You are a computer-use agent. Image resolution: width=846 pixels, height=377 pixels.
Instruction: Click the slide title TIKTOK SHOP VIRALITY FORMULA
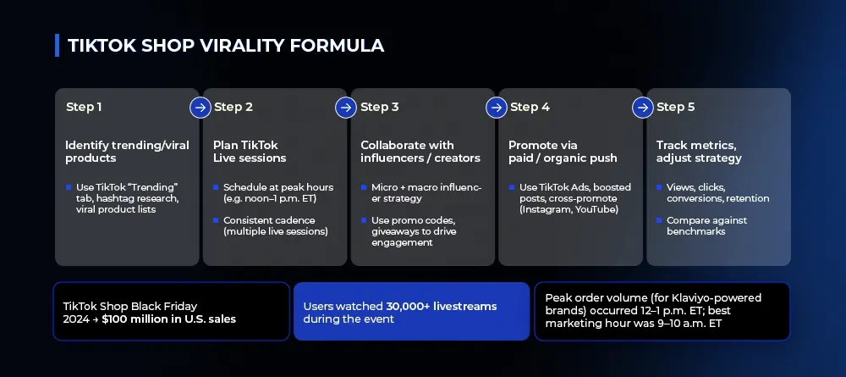coord(226,46)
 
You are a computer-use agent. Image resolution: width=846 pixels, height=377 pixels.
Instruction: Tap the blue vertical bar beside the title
coord(58,46)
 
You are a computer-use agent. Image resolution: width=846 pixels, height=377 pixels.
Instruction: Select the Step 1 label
coord(84,107)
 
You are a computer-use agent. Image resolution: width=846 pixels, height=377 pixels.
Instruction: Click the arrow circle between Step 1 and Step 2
coord(201,108)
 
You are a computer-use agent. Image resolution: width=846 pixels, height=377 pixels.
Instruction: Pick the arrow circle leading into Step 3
coord(346,108)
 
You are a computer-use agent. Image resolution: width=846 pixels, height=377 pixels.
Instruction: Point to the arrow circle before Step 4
coord(497,108)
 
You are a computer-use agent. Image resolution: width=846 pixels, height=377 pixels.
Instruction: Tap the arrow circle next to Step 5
coord(643,108)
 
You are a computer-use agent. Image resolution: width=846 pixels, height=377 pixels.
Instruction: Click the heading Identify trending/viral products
coord(128,152)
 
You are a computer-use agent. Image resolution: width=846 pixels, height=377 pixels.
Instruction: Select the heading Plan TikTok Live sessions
coord(250,152)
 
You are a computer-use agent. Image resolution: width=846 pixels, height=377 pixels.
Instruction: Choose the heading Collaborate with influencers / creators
coord(420,152)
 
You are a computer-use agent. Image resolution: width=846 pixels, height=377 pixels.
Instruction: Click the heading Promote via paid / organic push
coord(563,152)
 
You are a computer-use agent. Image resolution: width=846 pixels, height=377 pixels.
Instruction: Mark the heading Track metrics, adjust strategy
coord(699,152)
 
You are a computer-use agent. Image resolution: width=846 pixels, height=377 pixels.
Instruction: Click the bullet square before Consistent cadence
coord(216,220)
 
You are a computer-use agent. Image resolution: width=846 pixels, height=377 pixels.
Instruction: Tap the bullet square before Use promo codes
coord(364,220)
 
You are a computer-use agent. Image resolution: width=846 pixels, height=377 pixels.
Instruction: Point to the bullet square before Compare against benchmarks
coord(659,220)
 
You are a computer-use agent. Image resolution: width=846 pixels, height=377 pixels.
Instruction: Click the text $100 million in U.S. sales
coord(168,319)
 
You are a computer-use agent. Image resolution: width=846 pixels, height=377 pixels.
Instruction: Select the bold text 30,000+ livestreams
coord(442,306)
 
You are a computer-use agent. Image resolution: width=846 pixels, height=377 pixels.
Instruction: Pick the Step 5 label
coord(675,107)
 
